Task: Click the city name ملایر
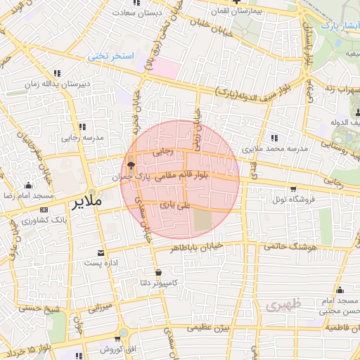pyautogui.click(x=86, y=201)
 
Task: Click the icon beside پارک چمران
pyautogui.click(x=131, y=166)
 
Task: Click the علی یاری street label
pyautogui.click(x=175, y=205)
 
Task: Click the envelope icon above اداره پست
pyautogui.click(x=101, y=252)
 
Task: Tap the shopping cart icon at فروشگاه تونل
pyautogui.click(x=293, y=188)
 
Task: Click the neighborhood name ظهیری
pyautogui.click(x=283, y=305)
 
